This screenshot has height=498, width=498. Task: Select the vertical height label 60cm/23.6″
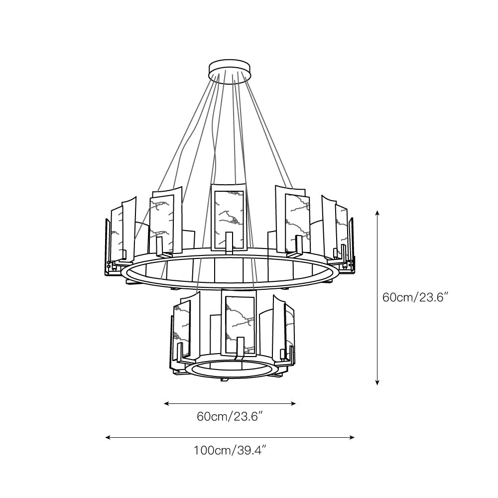(415, 297)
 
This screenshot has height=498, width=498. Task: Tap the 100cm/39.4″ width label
(230, 451)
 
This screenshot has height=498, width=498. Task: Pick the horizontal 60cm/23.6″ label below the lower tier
(230, 416)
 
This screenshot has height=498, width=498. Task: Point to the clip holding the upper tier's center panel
(229, 242)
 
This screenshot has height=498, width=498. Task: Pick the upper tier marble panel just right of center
(296, 219)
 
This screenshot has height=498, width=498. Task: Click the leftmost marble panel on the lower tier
(182, 329)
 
